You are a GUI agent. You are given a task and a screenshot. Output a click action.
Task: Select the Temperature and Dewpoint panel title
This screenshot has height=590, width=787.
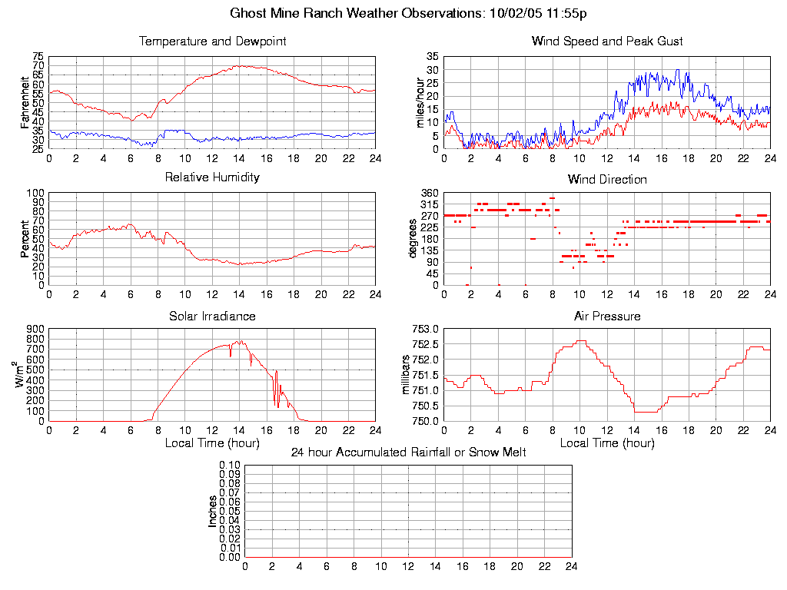point(212,41)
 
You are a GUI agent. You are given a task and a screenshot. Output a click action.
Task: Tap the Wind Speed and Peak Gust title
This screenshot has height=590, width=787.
point(607,41)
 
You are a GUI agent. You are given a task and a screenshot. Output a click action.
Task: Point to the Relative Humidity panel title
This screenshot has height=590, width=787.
point(212,177)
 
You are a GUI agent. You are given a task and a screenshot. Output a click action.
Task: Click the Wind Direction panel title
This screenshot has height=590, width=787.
point(607,180)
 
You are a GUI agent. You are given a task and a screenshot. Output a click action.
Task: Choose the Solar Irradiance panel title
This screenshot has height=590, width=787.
point(212,316)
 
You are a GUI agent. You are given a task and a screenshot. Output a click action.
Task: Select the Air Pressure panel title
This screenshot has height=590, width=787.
point(607,316)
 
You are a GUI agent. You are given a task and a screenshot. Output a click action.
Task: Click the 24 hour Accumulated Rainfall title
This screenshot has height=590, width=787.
point(408,452)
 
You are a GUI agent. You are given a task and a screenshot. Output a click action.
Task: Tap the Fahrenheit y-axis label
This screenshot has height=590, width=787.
point(25,102)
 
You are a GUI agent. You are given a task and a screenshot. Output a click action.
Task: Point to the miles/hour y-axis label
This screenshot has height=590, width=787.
point(420,102)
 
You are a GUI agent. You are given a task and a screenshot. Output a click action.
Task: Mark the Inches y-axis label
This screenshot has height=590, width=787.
point(213,511)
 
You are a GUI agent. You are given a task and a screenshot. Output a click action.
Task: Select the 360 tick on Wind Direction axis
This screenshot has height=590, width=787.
point(430,192)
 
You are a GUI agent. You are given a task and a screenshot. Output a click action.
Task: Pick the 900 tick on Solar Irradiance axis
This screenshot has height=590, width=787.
point(35,328)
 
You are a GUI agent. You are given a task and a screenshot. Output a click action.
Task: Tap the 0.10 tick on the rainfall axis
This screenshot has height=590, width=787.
point(230,465)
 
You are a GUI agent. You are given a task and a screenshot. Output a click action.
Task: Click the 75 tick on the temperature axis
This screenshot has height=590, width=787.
point(38,56)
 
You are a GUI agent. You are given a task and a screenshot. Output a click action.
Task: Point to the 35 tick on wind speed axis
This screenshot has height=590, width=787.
point(432,56)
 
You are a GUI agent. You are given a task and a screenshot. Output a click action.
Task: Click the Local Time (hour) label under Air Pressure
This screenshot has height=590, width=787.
point(607,443)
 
